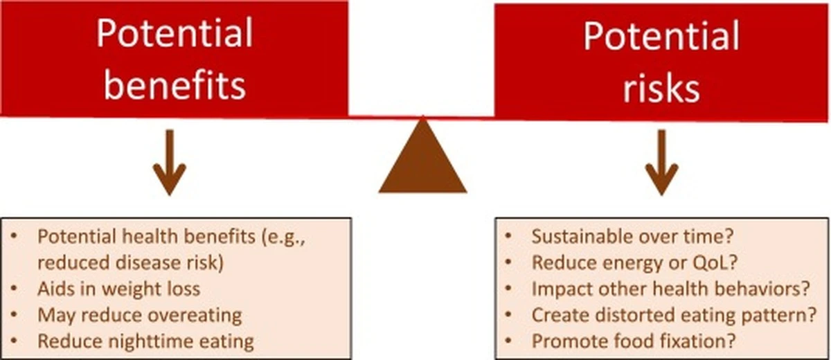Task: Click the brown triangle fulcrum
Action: (422, 163)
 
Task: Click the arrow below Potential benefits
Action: (170, 163)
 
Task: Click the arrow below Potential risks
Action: (661, 163)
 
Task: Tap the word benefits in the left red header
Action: (175, 85)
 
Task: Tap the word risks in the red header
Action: (661, 87)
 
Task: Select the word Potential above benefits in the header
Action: (175, 33)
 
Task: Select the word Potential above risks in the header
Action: (661, 35)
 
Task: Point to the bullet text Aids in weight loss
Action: (118, 289)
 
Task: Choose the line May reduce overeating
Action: (139, 315)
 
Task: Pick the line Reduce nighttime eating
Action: (146, 341)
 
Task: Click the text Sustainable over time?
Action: (632, 237)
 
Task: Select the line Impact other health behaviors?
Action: (671, 289)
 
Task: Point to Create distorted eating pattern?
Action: (674, 315)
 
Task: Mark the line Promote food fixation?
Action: (633, 341)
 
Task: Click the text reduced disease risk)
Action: (131, 263)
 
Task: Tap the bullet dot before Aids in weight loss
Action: (14, 288)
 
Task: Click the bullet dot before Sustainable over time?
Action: (508, 236)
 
